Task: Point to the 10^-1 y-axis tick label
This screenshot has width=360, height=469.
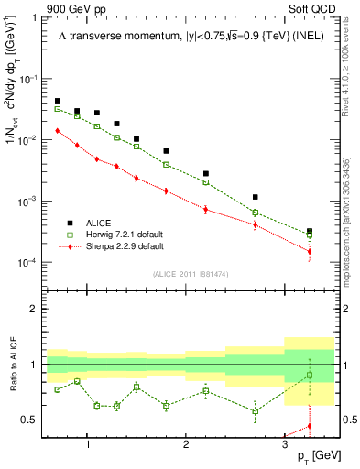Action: click(x=29, y=80)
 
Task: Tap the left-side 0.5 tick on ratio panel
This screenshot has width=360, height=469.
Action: click(x=32, y=420)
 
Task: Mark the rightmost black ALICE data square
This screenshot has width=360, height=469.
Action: click(x=310, y=232)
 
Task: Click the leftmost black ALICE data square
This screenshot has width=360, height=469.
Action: click(x=58, y=101)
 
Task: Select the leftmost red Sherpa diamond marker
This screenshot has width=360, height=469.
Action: click(x=58, y=131)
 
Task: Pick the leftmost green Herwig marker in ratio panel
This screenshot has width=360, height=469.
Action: click(x=58, y=389)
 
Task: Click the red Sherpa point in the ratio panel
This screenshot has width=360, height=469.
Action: click(x=310, y=426)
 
